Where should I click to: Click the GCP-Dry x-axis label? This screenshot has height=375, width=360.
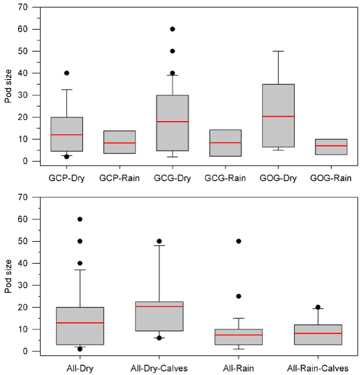[x=66, y=178]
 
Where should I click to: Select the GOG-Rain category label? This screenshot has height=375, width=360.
[x=330, y=178]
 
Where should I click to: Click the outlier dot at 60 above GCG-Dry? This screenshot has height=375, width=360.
[x=172, y=29]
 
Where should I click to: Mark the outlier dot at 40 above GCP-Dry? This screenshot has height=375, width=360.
[x=67, y=73]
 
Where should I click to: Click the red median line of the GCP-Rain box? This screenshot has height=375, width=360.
[x=120, y=143]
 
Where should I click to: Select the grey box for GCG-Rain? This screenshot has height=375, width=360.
[x=225, y=143]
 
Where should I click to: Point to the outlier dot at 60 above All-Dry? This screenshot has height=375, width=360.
[x=80, y=219]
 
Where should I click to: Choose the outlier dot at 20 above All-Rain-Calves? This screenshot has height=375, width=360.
[x=318, y=307]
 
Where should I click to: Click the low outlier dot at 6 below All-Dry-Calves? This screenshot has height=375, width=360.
[x=160, y=338]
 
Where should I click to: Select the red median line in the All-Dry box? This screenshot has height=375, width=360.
[x=80, y=323]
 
